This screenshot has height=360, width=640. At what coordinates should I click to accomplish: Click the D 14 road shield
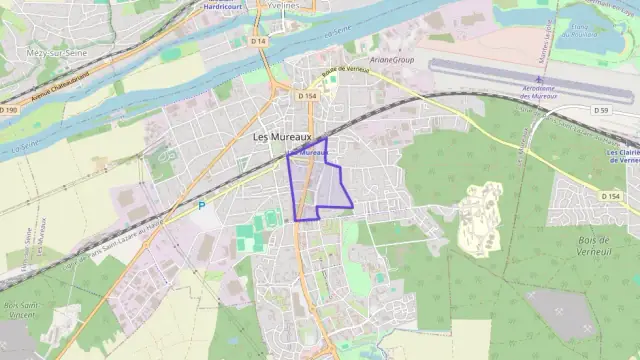point(259,41)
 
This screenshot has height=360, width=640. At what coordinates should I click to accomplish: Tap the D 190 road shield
point(10,109)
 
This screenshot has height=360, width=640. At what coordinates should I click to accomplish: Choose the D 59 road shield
point(600,109)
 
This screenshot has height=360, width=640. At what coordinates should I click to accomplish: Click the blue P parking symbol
point(201,206)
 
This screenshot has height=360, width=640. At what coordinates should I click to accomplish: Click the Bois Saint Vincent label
point(21,309)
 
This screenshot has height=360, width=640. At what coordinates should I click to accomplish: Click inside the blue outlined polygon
point(318,185)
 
